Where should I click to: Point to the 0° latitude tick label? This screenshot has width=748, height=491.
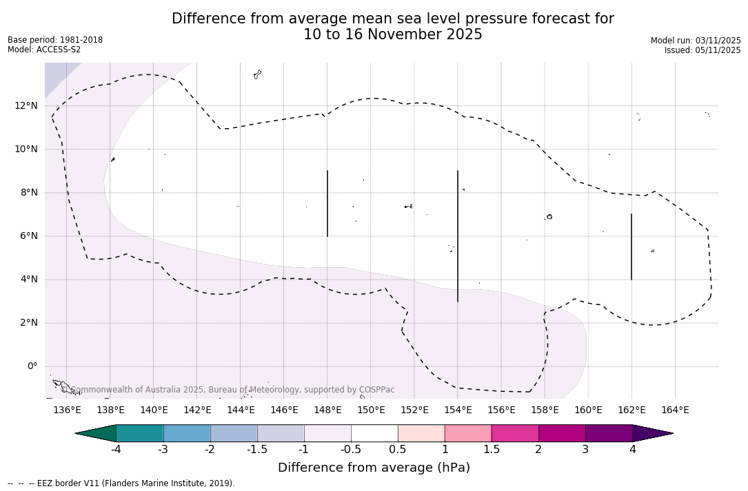tap(32, 366)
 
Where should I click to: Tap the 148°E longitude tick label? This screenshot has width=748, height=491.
tap(327, 410)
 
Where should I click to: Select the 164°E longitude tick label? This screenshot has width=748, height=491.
tap(675, 410)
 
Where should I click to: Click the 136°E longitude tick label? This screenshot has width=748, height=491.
tap(67, 410)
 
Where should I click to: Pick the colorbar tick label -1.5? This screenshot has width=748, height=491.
tap(257, 450)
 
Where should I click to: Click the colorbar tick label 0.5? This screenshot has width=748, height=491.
tap(398, 450)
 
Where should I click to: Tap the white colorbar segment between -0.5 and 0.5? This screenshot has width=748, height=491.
tap(374, 433)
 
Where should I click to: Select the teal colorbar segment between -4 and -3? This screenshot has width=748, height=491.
tap(140, 433)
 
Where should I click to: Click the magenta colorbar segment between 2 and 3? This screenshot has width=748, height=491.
tap(562, 433)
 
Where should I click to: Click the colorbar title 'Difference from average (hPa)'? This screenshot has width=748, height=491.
tap(374, 468)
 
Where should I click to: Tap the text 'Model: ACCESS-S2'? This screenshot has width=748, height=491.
tap(44, 50)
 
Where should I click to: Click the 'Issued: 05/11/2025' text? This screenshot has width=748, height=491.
tap(702, 50)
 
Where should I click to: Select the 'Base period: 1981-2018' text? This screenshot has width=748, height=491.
tap(55, 40)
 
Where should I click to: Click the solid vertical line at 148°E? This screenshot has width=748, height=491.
tap(327, 203)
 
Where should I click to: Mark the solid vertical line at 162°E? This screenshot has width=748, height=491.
tap(631, 247)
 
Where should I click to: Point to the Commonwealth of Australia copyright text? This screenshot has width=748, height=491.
tap(228, 390)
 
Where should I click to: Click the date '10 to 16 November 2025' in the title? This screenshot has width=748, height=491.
tap(393, 34)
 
